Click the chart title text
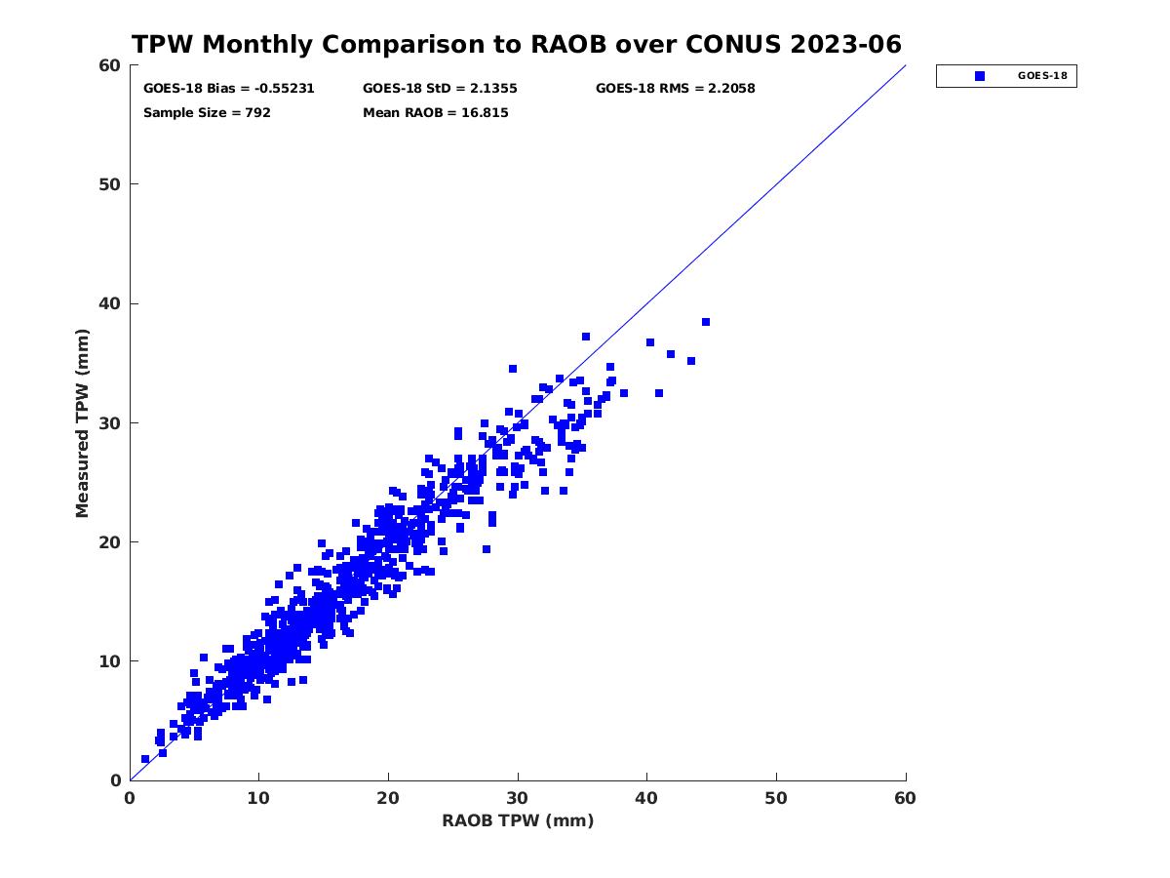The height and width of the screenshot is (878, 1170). click(516, 44)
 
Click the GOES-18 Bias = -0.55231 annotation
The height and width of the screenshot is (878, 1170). click(229, 89)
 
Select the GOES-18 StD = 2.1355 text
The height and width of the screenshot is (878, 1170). click(440, 89)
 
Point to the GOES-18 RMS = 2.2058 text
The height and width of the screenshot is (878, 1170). click(676, 89)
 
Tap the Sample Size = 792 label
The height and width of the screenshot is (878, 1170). click(207, 113)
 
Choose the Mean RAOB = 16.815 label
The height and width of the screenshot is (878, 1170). click(436, 113)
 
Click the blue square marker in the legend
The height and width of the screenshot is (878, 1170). click(980, 76)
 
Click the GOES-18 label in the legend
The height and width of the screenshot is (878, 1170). click(1042, 76)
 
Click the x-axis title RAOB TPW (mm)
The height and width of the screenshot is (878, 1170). click(518, 820)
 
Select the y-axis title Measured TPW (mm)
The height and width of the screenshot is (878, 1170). click(82, 423)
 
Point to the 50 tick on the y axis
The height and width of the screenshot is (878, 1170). click(110, 184)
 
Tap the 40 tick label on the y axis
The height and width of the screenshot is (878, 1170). click(110, 303)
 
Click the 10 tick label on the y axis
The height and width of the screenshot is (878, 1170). click(110, 661)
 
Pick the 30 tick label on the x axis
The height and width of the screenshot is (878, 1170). click(517, 799)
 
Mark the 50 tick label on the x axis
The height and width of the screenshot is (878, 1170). click(775, 799)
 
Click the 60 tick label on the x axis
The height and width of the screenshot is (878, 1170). click(905, 799)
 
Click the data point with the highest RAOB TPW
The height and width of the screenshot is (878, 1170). click(706, 322)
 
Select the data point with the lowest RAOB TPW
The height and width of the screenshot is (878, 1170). click(145, 759)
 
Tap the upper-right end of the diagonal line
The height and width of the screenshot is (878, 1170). click(906, 65)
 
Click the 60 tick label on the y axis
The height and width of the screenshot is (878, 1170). click(110, 65)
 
